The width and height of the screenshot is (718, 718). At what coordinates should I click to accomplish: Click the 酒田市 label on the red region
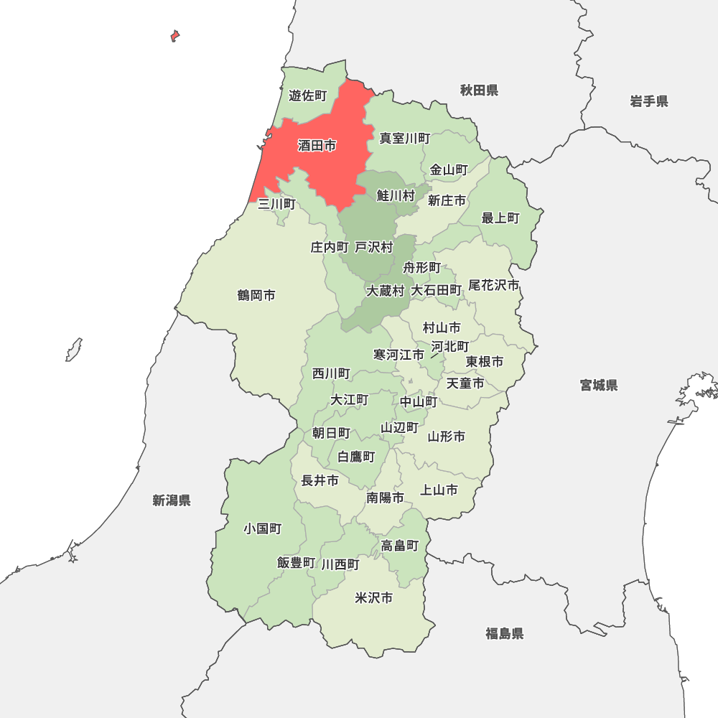pos(317,146)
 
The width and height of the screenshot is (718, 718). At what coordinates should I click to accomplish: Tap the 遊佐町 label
pos(307,95)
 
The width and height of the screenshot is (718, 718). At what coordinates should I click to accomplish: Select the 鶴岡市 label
pos(256,296)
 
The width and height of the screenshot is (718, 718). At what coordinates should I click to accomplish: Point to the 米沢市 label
pos(374,598)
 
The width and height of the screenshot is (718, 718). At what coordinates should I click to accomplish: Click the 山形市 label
pos(447,437)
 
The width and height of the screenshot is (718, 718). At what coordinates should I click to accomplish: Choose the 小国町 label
pos(262,529)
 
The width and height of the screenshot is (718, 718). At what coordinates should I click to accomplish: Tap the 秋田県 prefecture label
pos(479,90)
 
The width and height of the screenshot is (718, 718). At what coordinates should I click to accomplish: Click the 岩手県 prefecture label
pos(649,101)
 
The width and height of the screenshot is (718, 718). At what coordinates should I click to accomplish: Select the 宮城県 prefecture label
pos(599,386)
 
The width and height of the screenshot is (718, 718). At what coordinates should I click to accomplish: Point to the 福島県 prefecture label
pos(504,633)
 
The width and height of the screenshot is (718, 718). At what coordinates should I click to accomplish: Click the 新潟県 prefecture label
pos(172,500)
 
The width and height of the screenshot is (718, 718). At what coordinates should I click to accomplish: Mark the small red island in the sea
pos(174,35)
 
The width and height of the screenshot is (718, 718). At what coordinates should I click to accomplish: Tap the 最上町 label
pos(500,218)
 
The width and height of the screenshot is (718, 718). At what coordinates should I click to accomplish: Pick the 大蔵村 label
pos(386,291)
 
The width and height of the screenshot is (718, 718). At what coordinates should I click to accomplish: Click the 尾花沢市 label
pos(494,285)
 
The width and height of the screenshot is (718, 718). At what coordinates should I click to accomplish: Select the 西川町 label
pos(331,374)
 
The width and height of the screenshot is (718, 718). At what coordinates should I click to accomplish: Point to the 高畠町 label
pos(400,546)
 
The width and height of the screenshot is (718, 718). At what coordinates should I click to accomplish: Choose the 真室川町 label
pos(405,139)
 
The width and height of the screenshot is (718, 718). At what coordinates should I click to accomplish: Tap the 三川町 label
pos(276,204)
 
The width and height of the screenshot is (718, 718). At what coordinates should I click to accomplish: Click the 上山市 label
pos(439,490)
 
